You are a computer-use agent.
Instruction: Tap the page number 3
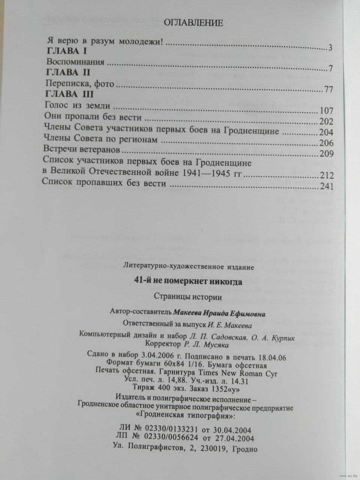(x=330, y=48)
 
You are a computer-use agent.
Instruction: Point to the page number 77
(x=327, y=90)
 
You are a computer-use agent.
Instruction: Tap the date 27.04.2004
(x=234, y=438)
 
